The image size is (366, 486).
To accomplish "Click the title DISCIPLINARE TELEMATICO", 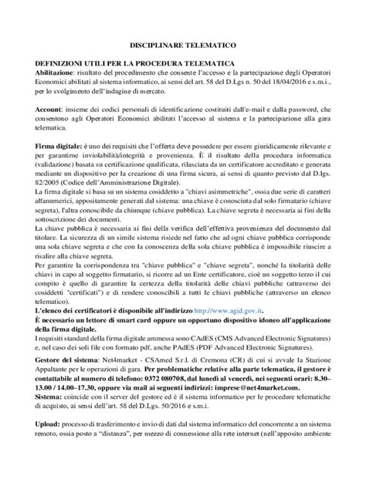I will click(x=182, y=47).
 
